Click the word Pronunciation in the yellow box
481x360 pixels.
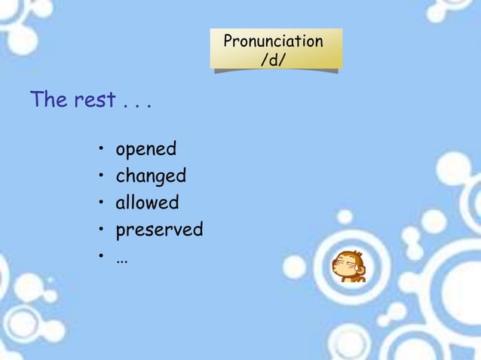click(x=273, y=41)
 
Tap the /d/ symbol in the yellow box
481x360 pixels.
click(x=273, y=59)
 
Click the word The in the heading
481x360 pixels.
click(x=49, y=99)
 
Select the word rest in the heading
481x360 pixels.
click(x=94, y=100)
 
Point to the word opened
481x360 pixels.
click(x=146, y=149)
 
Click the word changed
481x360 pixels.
click(x=151, y=176)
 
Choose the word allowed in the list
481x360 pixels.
click(x=147, y=203)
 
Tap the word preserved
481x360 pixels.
click(x=159, y=230)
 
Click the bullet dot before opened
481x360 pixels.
click(x=100, y=150)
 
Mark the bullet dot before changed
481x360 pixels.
click(x=100, y=177)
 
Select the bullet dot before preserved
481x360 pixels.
click(x=100, y=230)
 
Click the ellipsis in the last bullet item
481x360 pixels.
click(x=121, y=258)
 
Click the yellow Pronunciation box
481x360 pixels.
click(x=276, y=50)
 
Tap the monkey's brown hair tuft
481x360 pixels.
click(x=348, y=255)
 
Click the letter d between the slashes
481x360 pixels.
click(x=273, y=59)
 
